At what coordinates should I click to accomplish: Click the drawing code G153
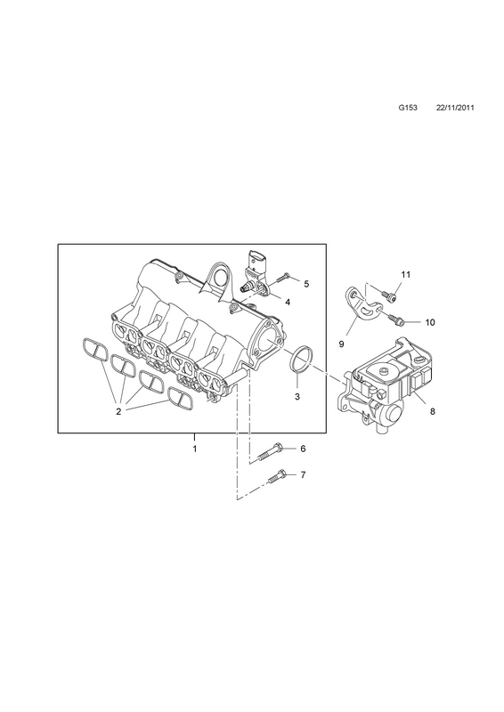[408, 108]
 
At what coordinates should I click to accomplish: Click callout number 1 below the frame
[194, 449]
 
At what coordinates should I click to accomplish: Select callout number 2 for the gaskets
[118, 412]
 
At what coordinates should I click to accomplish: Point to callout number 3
[297, 396]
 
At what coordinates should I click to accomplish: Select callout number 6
[303, 449]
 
